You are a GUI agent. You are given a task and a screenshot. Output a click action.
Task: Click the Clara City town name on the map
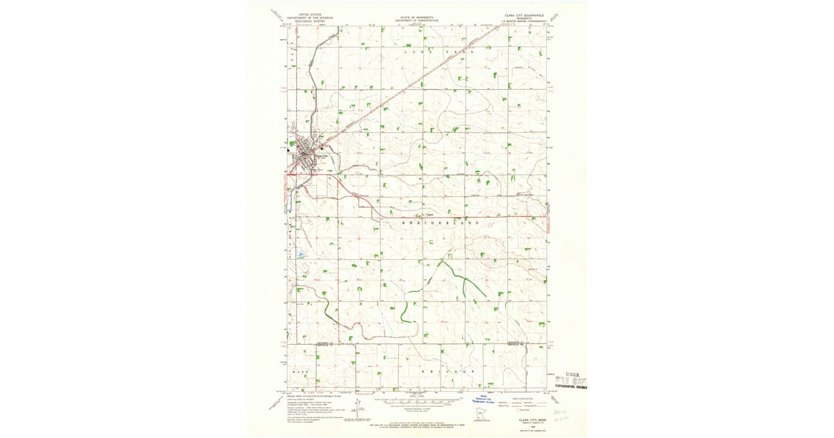tap(320, 156)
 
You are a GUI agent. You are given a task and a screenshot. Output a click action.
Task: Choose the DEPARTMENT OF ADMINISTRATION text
tap(417, 21)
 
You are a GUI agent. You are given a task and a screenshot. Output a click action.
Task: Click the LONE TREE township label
tap(439, 52)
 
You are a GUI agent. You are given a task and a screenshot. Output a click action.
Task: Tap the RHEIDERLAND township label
tap(441, 222)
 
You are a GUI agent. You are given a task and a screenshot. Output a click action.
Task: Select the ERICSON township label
tap(448, 372)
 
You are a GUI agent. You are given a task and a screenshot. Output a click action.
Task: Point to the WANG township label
tap(300, 372)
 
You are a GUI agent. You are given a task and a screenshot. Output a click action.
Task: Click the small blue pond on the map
tap(301, 255)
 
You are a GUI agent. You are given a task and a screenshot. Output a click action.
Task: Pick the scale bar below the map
tap(417, 401)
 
